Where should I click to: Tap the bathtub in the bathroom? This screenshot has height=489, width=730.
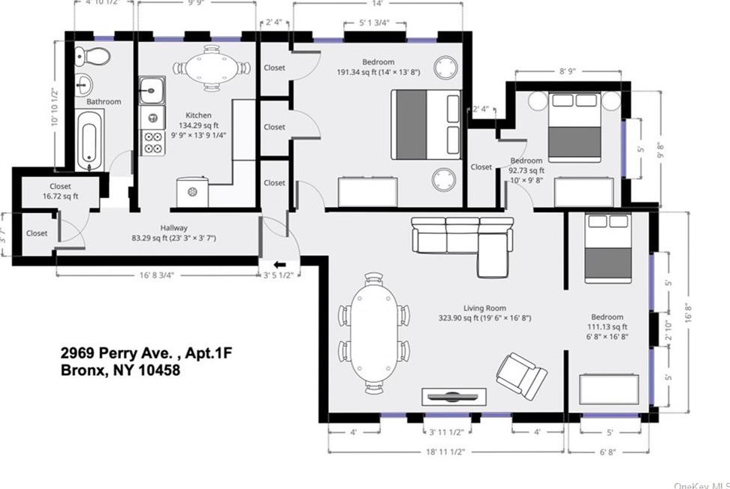click(x=89, y=139)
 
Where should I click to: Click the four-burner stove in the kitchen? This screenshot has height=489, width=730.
click(x=153, y=142)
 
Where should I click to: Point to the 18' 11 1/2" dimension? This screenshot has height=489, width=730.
click(x=445, y=451)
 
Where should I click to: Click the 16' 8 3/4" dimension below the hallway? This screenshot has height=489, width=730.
click(x=157, y=275)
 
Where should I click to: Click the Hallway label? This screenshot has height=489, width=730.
click(x=173, y=228)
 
